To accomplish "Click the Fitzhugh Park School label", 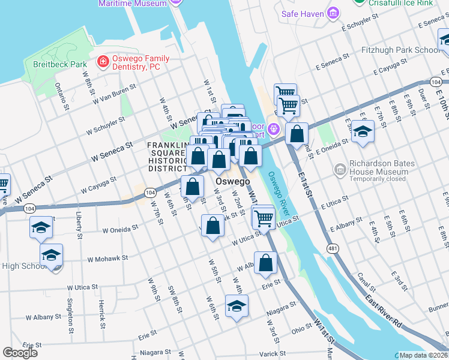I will pos(400,50).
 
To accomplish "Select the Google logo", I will pos(20,352).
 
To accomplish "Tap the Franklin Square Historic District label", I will pos(169,157).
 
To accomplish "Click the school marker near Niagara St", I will pos(237,306).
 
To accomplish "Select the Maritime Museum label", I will pos(133,3).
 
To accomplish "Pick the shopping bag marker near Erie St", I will pos(266,263).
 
